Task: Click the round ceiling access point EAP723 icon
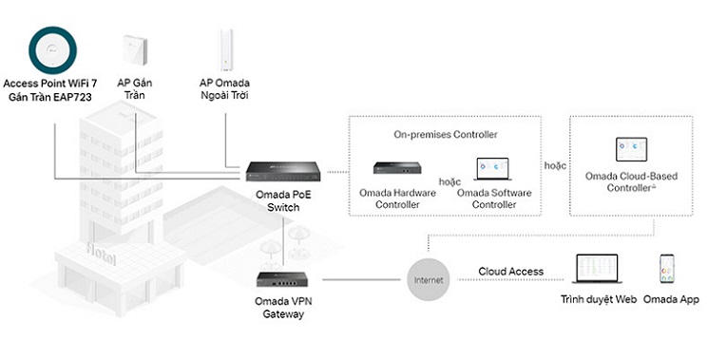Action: point(53,50)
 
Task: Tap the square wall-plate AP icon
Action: point(135,50)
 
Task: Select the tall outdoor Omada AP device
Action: point(226,49)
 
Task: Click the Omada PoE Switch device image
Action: point(283,171)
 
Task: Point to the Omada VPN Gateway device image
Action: point(283,279)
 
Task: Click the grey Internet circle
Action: point(429,280)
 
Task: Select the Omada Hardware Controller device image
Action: point(397,167)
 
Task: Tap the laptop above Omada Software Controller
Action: point(493,169)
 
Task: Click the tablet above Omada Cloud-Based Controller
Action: point(631,149)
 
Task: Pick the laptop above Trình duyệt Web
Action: point(597,269)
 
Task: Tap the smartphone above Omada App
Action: point(667,269)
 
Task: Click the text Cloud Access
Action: point(511,272)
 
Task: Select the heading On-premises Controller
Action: point(446,134)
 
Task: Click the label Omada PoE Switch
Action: point(283,201)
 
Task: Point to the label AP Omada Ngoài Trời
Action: point(224,89)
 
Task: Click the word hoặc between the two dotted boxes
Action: point(555,165)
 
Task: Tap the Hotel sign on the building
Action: point(101,255)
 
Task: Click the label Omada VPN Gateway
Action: point(283,308)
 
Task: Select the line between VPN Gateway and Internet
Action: point(361,280)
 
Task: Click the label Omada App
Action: point(671,299)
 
